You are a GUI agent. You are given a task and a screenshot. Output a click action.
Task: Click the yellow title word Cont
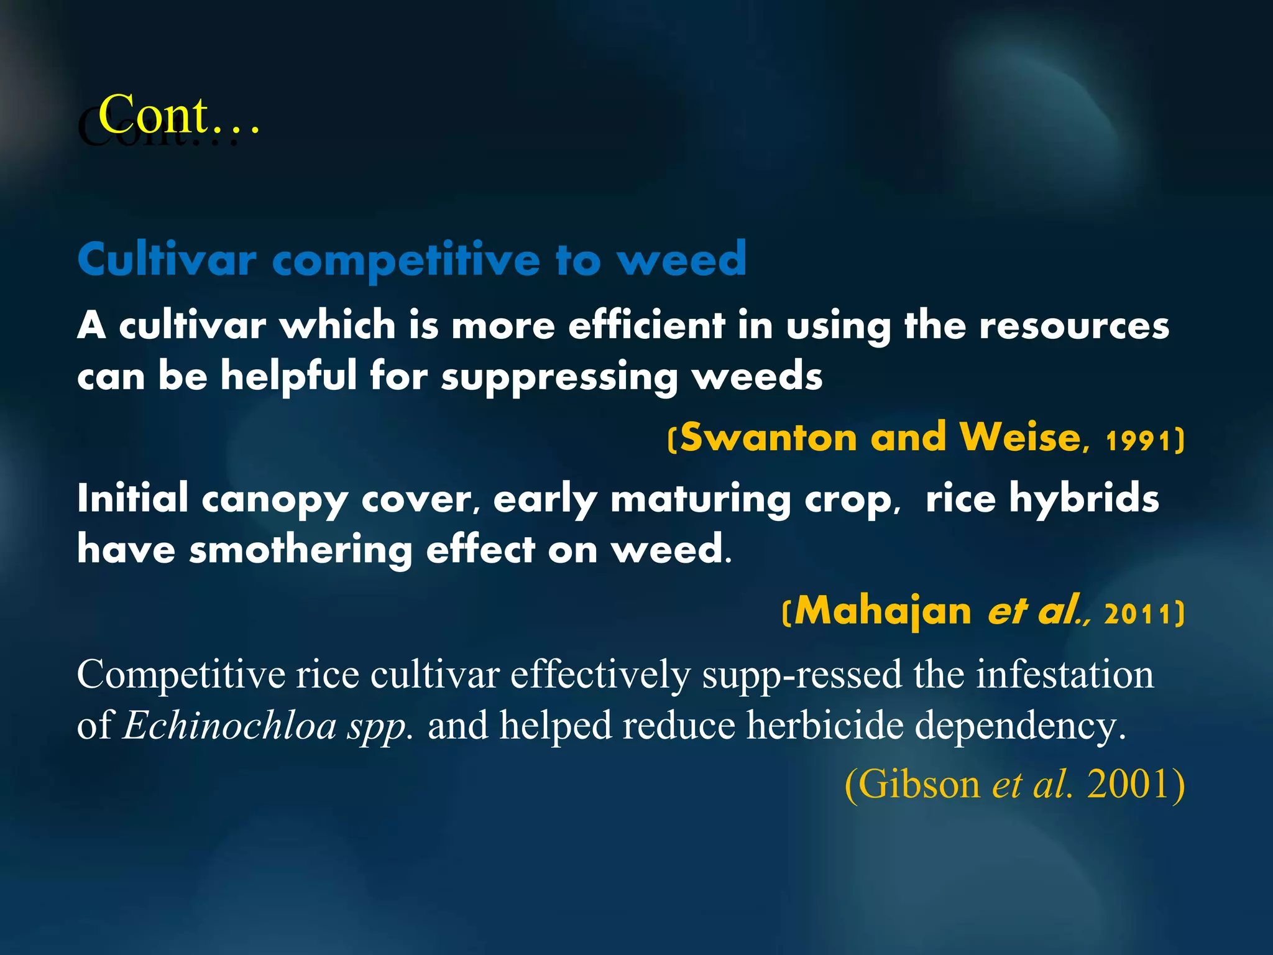(154, 115)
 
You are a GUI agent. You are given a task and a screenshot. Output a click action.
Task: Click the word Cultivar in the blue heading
(167, 259)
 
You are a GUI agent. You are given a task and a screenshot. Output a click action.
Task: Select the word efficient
(646, 325)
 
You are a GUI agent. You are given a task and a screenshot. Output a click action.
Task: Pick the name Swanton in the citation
(769, 437)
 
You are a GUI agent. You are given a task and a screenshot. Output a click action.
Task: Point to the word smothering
(301, 550)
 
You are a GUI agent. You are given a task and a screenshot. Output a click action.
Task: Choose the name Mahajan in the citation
(883, 611)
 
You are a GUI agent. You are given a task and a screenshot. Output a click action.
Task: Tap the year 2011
(1137, 614)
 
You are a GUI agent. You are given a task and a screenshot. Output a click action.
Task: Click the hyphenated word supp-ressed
(802, 675)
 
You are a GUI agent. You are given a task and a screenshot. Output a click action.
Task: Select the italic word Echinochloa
(230, 726)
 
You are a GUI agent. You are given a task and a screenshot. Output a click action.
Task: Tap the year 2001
(1128, 785)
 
